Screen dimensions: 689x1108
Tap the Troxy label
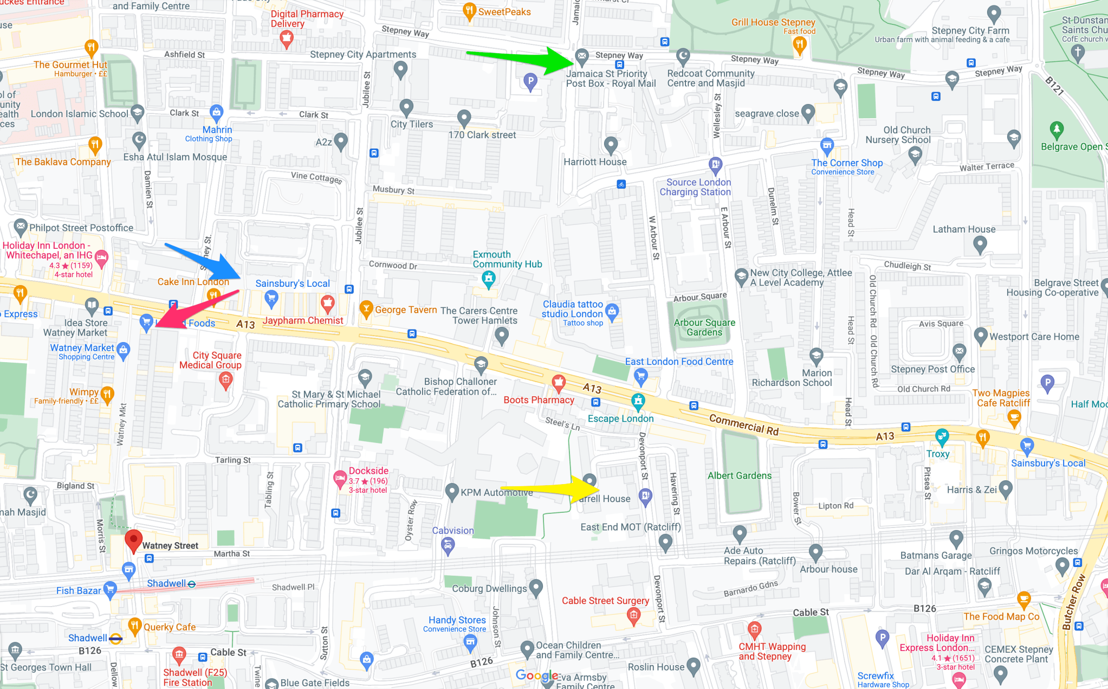pos(938,454)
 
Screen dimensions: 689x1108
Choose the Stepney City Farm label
pos(970,31)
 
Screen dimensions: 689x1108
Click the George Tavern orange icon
pos(366,309)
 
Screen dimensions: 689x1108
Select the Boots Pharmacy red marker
pos(559,383)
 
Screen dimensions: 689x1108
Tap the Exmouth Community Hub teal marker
pos(489,279)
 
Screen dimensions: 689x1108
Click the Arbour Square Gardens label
pos(704,327)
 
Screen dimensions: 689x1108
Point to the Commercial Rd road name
pos(744,425)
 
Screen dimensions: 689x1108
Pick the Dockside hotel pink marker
pos(340,478)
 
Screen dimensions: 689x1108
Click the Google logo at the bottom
pos(536,675)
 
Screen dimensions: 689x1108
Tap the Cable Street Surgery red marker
pos(633,615)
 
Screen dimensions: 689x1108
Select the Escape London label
pos(620,418)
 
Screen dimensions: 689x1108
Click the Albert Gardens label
pos(739,475)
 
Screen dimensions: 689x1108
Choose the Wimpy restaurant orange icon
pos(107,394)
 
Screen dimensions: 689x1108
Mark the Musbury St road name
pos(393,190)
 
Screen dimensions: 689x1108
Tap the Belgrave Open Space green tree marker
pos(1057,130)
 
